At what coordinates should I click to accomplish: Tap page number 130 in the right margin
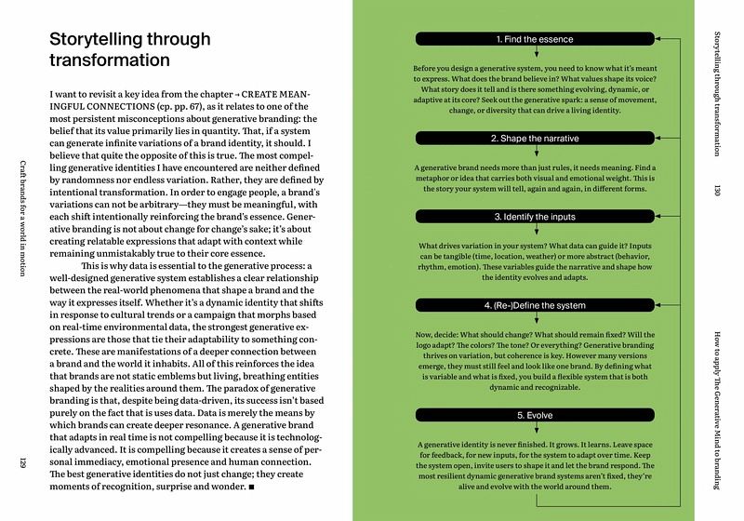(718, 190)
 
